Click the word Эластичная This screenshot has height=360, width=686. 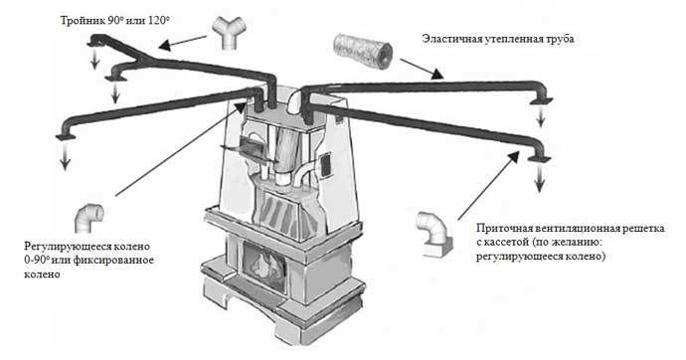(x=450, y=39)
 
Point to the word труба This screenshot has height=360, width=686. (x=559, y=40)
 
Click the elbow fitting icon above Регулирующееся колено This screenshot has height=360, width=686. (x=89, y=218)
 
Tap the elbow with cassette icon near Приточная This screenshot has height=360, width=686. (x=434, y=234)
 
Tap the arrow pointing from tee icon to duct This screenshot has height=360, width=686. (x=183, y=42)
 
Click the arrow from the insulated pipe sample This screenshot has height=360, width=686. (x=422, y=69)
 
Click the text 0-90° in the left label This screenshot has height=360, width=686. (x=37, y=261)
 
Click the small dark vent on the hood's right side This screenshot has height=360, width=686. (x=325, y=165)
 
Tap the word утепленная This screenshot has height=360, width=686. (x=512, y=40)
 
